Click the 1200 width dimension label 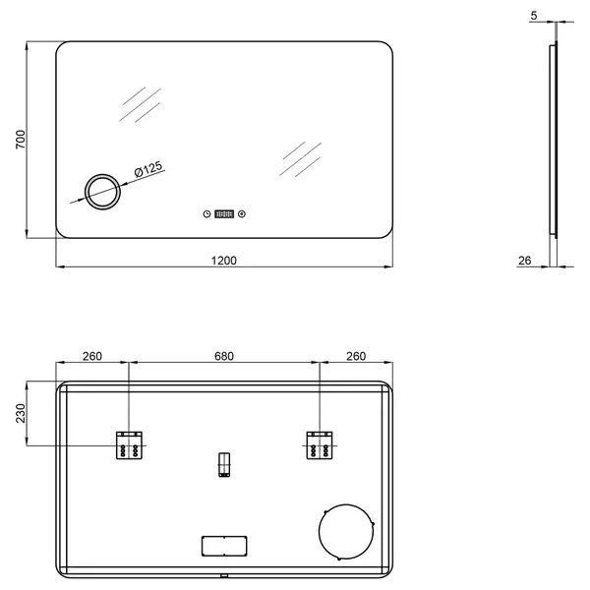pos(224,261)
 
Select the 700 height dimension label pos(21,140)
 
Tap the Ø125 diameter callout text pos(148,168)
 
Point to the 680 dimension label pos(224,356)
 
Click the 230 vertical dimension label pos(21,413)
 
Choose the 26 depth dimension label pos(524,261)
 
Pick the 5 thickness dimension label pos(534,16)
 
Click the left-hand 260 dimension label pos(92,356)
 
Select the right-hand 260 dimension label pos(356,356)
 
